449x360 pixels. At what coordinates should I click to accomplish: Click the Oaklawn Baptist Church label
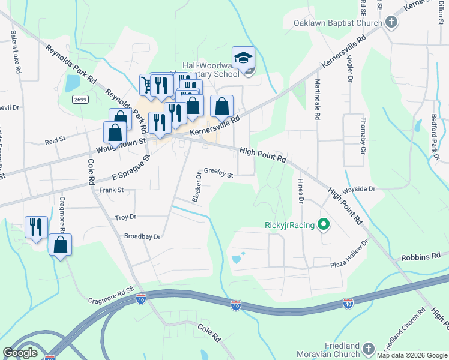click(x=338, y=23)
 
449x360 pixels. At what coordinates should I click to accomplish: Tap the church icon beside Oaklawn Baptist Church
click(x=391, y=23)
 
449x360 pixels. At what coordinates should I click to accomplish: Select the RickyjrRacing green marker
click(x=325, y=226)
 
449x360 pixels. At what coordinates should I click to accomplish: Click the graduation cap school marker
click(x=243, y=58)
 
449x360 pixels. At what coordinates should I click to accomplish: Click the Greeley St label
click(x=218, y=172)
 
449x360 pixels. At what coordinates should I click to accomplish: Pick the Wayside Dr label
click(x=359, y=188)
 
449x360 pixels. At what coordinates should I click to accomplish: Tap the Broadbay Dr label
click(x=142, y=236)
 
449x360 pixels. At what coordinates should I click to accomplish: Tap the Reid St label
click(x=55, y=142)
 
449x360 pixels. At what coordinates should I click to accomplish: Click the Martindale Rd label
click(x=317, y=93)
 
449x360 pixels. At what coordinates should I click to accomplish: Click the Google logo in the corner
click(x=20, y=352)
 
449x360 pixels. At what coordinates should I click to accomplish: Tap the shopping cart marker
click(x=147, y=84)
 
